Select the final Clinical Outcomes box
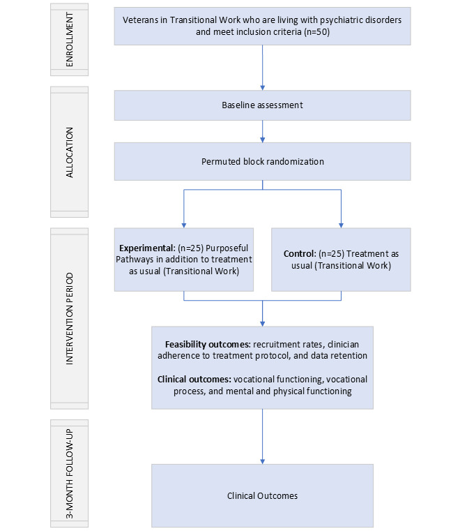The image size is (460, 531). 262,495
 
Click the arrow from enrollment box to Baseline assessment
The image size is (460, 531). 262,67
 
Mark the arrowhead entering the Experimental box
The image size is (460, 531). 184,223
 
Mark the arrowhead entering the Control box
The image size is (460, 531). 342,223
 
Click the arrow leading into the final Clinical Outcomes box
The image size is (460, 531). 262,435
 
